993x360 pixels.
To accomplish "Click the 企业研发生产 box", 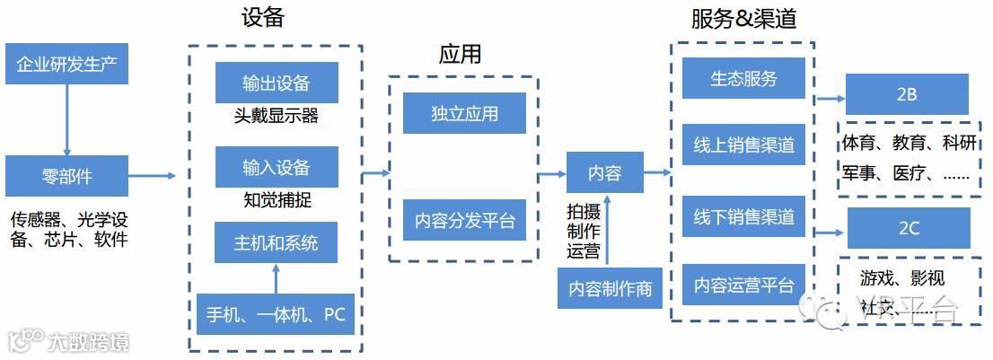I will pyautogui.click(x=67, y=65).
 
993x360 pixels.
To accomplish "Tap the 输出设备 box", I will pyautogui.click(x=277, y=83).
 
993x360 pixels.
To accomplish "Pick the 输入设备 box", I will pyautogui.click(x=277, y=167).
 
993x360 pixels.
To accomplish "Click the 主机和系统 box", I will pyautogui.click(x=277, y=242).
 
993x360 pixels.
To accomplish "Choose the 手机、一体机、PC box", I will pyautogui.click(x=277, y=314).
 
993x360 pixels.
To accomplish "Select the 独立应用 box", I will pyautogui.click(x=464, y=113).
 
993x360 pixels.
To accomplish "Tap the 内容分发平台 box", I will pyautogui.click(x=464, y=220).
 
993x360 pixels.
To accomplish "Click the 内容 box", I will pyautogui.click(x=605, y=172).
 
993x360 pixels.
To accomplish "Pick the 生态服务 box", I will pyautogui.click(x=743, y=78).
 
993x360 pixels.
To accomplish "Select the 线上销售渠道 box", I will pyautogui.click(x=743, y=145).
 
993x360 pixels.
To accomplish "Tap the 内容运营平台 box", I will pyautogui.click(x=743, y=285).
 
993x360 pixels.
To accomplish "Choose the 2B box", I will pyautogui.click(x=908, y=94).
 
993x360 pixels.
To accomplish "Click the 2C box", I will pyautogui.click(x=908, y=228).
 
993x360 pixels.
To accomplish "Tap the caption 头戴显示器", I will pyautogui.click(x=276, y=117).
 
